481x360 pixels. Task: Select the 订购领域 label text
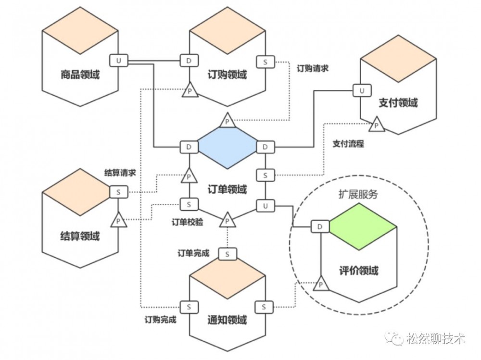tap(228, 75)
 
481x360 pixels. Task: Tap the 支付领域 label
tap(398, 103)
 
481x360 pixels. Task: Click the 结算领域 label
tap(80, 236)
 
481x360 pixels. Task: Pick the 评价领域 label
tap(359, 271)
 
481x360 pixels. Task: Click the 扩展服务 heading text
tap(359, 195)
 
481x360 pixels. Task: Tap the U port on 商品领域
tap(118, 61)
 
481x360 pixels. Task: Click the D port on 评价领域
tap(319, 226)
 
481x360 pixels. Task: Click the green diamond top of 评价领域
tap(362, 226)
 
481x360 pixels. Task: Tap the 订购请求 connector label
tap(313, 68)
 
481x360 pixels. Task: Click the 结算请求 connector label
tap(120, 172)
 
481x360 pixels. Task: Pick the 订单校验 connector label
tap(188, 222)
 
